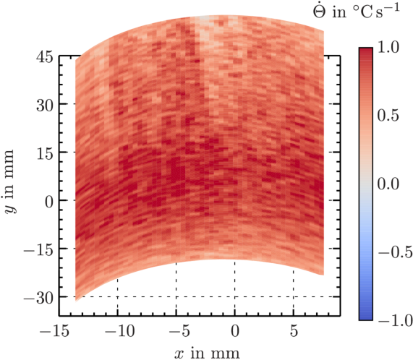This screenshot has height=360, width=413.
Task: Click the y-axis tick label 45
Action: tap(45, 56)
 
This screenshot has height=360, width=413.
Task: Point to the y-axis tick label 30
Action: tap(45, 106)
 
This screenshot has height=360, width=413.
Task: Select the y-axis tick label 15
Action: tap(45, 154)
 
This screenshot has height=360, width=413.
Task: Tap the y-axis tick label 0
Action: tap(49, 202)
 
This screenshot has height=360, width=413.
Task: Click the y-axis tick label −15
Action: tap(38, 251)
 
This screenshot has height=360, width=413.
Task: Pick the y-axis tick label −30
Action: tap(38, 299)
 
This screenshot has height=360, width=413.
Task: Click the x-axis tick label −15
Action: tap(55, 330)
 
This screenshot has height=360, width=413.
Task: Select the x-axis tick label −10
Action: tap(120, 330)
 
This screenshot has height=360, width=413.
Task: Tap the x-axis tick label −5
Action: tap(179, 330)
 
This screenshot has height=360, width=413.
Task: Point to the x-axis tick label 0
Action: tap(235, 330)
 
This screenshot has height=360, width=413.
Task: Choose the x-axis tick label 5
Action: tap(294, 330)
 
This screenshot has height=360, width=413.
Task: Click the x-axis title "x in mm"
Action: tap(207, 353)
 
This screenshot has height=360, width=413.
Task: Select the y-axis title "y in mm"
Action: tap(10, 181)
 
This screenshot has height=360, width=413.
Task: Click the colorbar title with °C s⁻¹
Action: tap(356, 11)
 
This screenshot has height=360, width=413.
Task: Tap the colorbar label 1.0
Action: tap(388, 48)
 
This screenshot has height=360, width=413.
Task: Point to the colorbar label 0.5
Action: tap(388, 116)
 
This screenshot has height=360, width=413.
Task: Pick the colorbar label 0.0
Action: tap(388, 184)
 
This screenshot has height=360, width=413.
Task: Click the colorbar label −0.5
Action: tap(395, 252)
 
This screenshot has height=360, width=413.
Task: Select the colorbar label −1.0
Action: tap(395, 320)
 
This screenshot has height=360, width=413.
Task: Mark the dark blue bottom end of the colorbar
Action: tap(366, 318)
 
